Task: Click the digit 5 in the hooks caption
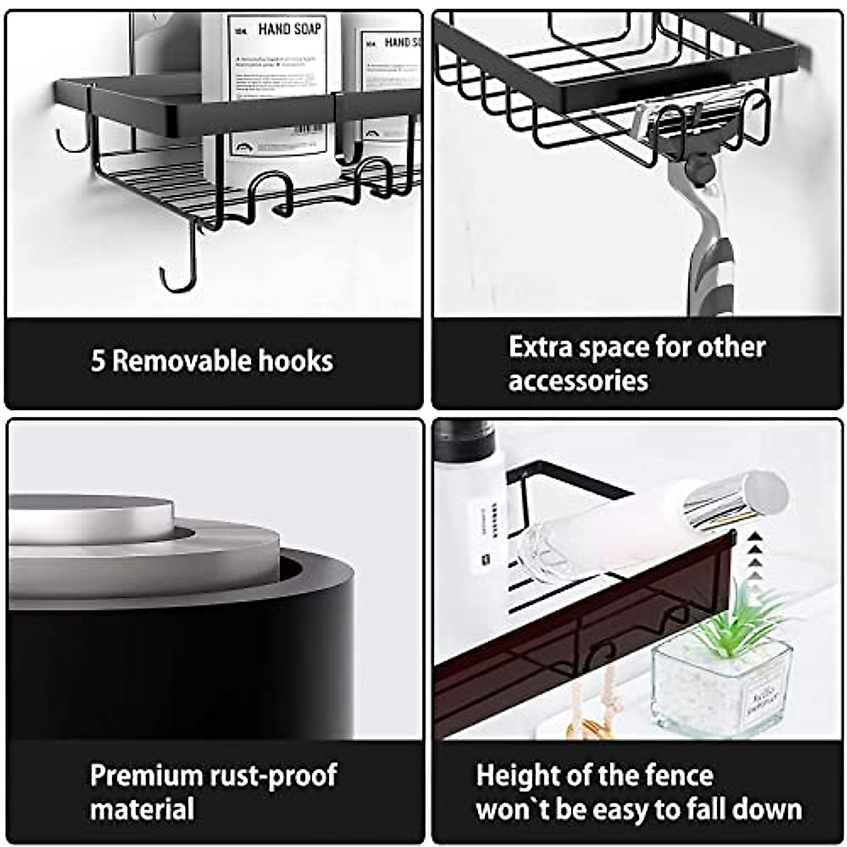tap(98, 361)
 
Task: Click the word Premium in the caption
tap(145, 775)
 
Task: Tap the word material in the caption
tap(141, 809)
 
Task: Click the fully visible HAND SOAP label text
tap(289, 29)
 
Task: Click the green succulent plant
tap(734, 621)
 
